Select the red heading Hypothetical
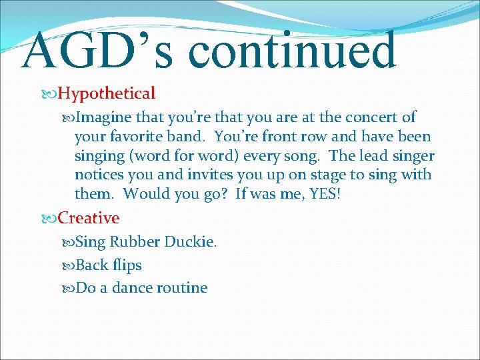point(107,93)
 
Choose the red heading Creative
point(89,218)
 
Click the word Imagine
point(104,118)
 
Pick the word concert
point(371,117)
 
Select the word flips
point(127,265)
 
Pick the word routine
point(182,288)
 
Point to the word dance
point(132,288)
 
